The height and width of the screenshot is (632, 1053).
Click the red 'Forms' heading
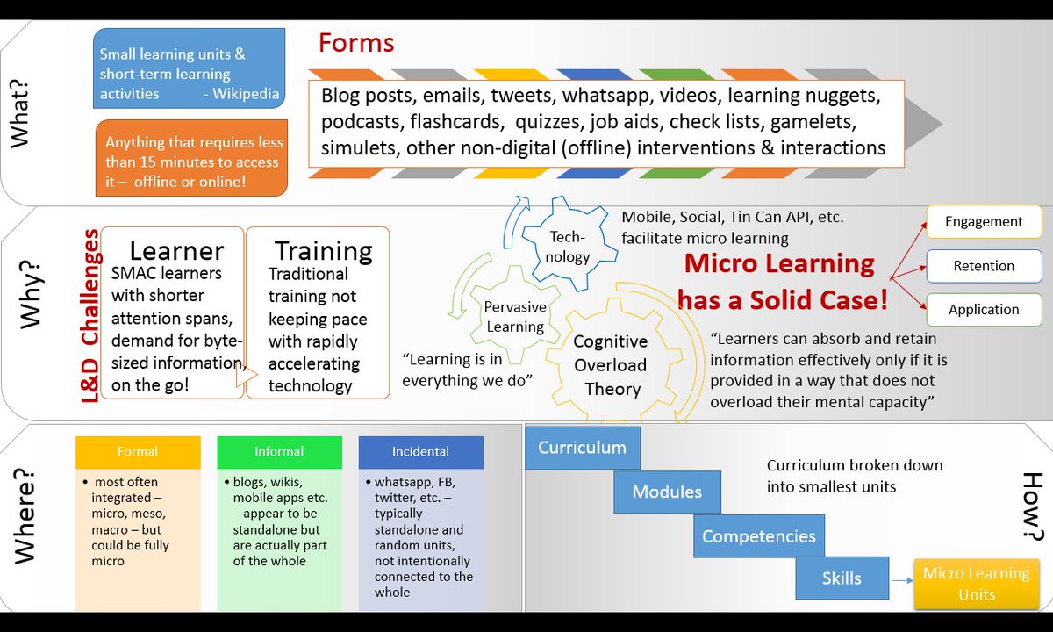[355, 43]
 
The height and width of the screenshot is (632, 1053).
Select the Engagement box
[983, 222]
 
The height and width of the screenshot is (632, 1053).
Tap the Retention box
[983, 266]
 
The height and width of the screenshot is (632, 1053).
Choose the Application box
[983, 310]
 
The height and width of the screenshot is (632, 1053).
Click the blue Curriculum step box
[582, 448]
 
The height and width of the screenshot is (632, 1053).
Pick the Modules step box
[667, 492]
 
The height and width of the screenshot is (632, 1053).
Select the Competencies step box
[758, 536]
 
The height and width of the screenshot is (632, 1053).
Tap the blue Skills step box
[842, 578]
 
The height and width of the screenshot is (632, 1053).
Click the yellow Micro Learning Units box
[976, 584]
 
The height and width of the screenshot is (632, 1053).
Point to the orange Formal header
[138, 452]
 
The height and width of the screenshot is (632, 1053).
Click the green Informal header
[279, 452]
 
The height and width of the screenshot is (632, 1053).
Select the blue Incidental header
[420, 452]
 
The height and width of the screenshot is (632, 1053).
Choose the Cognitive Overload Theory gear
[610, 365]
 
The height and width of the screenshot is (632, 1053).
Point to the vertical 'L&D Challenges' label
[90, 316]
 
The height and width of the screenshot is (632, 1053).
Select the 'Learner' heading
[176, 252]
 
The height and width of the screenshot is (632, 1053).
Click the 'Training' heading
[323, 252]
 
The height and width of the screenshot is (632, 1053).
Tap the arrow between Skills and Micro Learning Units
[901, 580]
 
